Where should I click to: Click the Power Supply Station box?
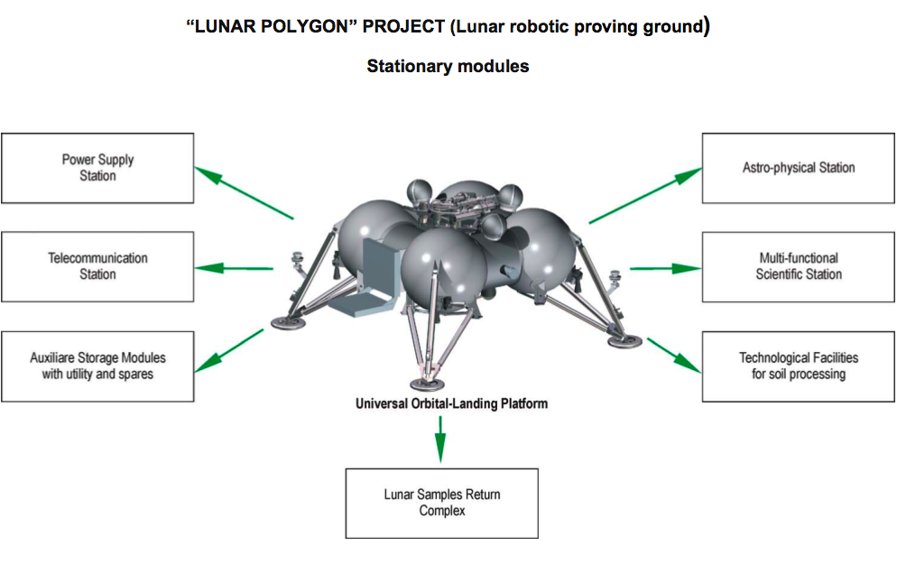coord(97,168)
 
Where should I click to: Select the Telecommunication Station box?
coord(97,266)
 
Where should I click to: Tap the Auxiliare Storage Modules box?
coord(97,366)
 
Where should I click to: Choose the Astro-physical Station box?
coord(798,168)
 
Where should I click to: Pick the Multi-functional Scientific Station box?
coord(798,266)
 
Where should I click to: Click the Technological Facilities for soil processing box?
coord(798,366)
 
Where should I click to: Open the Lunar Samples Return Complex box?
coord(441,503)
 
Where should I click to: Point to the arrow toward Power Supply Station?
coord(244,192)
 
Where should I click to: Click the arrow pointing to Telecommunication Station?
coord(235,268)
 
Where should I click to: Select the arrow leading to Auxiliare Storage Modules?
coord(229,349)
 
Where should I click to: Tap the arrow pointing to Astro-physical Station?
coord(645,195)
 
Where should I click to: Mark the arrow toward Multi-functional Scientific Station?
coord(665,268)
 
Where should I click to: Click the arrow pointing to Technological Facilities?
coord(673,355)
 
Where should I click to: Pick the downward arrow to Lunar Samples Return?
coord(440,437)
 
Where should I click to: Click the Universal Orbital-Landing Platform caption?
coord(451,403)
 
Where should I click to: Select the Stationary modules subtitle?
coord(448,66)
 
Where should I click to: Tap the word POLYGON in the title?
coord(304,26)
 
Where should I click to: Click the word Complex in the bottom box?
coord(441,511)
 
